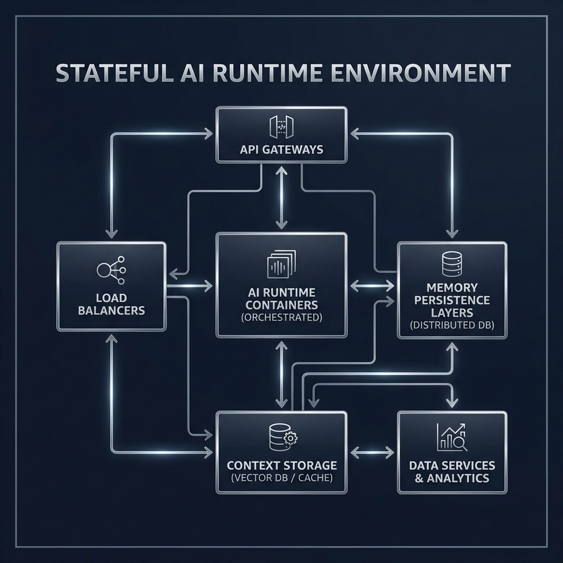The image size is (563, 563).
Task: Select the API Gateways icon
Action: point(281,126)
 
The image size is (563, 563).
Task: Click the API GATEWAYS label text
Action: point(281,150)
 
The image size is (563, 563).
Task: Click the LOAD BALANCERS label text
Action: point(111,304)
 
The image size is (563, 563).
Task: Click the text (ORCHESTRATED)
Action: point(281,318)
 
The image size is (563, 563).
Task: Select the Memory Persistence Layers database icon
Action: point(451,264)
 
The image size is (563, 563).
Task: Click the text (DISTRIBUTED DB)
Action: point(452,325)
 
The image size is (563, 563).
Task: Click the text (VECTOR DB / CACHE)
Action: point(281,478)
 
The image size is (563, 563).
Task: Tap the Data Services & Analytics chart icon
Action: point(451,437)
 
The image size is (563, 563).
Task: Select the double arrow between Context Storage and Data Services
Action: point(372,452)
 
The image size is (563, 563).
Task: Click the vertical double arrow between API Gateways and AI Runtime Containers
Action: point(281,198)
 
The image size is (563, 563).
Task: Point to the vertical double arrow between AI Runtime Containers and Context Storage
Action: point(281,374)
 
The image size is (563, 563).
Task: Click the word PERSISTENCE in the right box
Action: point(452,300)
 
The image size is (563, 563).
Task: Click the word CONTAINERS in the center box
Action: point(281,305)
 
